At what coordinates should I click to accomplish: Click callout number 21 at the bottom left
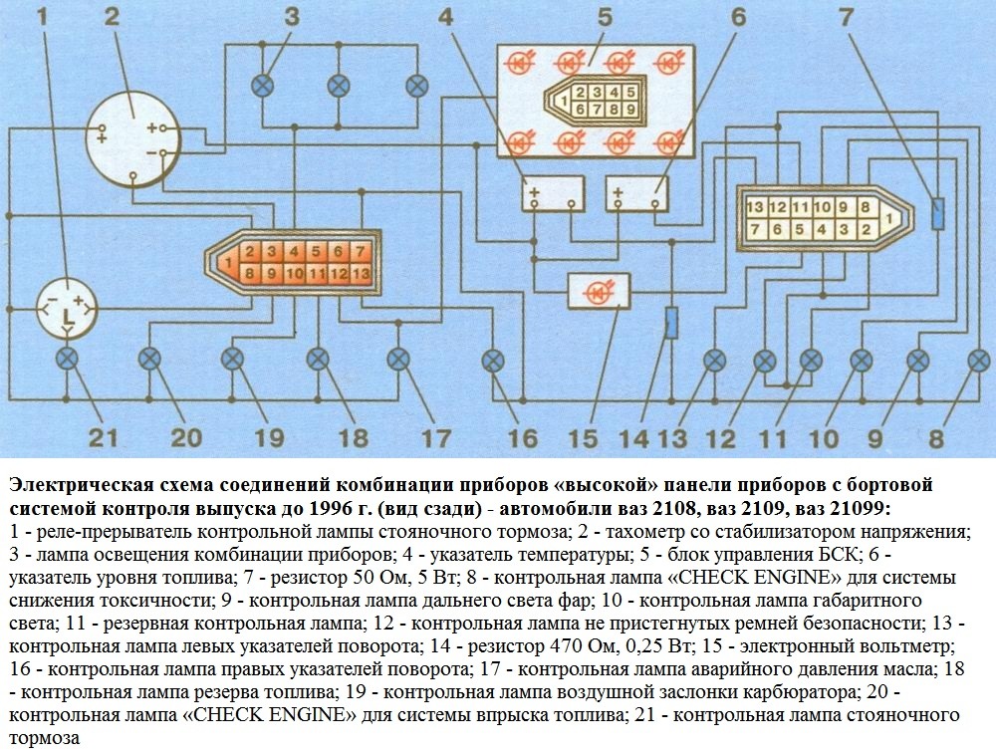[104, 437]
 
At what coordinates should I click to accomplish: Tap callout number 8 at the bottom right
[936, 438]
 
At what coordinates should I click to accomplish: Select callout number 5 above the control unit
[605, 17]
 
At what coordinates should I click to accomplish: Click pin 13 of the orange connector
[361, 274]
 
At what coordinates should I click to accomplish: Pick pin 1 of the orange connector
[228, 261]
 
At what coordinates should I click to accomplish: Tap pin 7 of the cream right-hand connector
[755, 229]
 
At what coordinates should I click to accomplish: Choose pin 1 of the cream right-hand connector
[889, 218]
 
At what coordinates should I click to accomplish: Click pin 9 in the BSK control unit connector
[630, 110]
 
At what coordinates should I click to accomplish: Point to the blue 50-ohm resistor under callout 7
[937, 213]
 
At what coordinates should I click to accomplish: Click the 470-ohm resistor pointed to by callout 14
[671, 323]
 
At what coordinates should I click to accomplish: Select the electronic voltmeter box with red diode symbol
[599, 292]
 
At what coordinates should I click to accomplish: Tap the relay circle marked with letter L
[67, 310]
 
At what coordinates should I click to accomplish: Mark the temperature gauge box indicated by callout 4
[553, 194]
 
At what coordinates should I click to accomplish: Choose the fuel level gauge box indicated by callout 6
[637, 194]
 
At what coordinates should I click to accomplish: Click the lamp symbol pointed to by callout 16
[493, 362]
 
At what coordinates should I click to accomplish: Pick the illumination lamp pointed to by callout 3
[262, 86]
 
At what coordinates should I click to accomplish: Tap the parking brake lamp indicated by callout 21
[67, 360]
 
